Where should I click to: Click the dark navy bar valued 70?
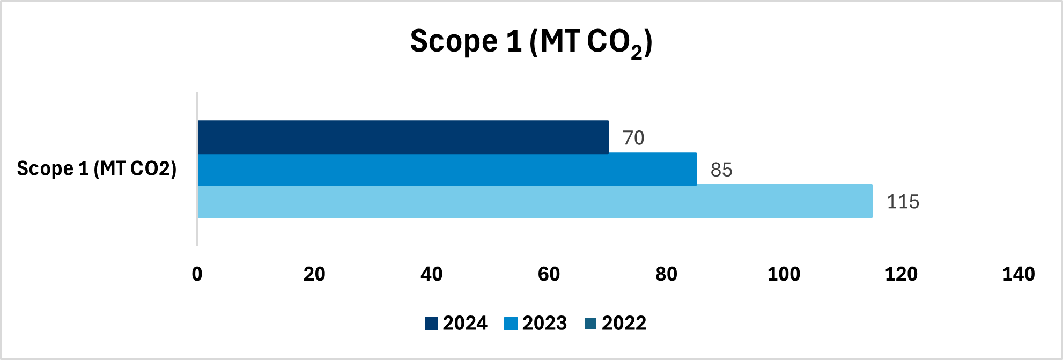coord(403,137)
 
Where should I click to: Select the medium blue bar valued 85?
coord(447,170)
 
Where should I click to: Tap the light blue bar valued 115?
coord(535,201)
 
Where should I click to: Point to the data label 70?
coord(633,138)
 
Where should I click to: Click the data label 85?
coord(721,170)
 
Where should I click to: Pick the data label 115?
coord(903,202)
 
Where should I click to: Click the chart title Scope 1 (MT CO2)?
coord(531,42)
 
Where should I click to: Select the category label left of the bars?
coord(97,168)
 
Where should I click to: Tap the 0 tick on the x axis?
coord(197,274)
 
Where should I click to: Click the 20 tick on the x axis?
coord(314,274)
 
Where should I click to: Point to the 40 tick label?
coord(432,274)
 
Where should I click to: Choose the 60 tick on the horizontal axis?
coord(549,274)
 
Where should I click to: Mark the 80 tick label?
coord(666,274)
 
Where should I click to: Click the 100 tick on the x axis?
coord(784,274)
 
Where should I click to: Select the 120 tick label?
coord(901,274)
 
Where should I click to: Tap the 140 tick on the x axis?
coord(1018,274)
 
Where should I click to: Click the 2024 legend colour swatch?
coord(431,324)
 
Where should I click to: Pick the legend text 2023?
coord(544,323)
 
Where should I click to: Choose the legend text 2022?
coord(624,323)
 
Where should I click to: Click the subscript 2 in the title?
coord(636,53)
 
